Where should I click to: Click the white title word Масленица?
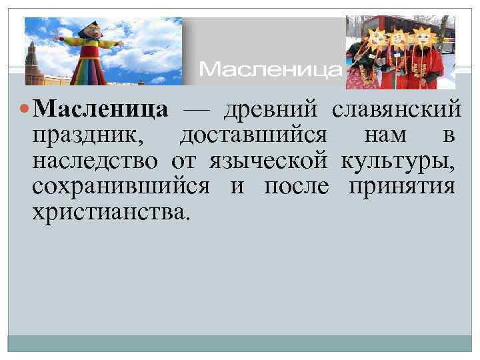tap(271, 69)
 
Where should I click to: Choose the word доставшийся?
tap(253, 135)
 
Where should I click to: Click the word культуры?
tap(398, 161)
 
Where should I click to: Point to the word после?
tap(296, 186)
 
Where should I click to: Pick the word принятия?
tap(401, 186)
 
